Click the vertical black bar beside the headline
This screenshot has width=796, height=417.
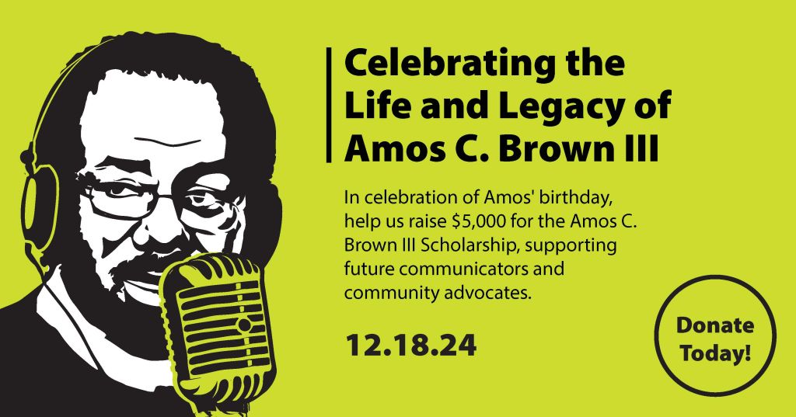333,105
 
